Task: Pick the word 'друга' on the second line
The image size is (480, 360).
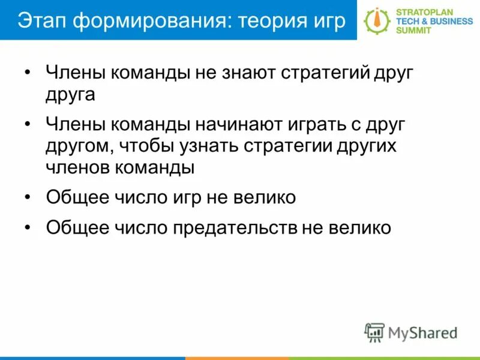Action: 70,95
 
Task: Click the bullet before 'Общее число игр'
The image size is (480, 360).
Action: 28,197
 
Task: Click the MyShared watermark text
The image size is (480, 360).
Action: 422,332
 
